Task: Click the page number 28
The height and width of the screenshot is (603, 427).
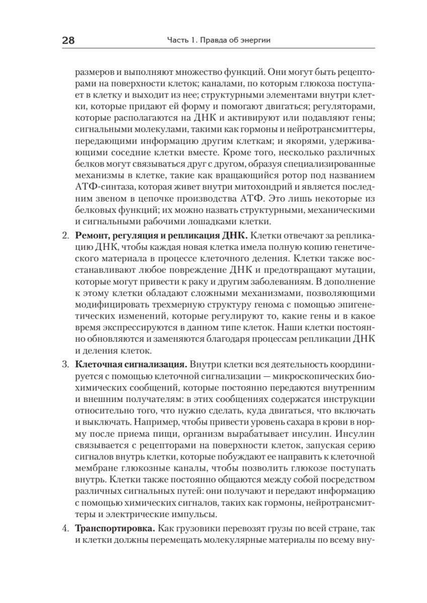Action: pyautogui.click(x=68, y=41)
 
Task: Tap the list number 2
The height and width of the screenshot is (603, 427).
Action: pyautogui.click(x=64, y=235)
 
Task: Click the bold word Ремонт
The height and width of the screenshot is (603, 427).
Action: pyautogui.click(x=92, y=235)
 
